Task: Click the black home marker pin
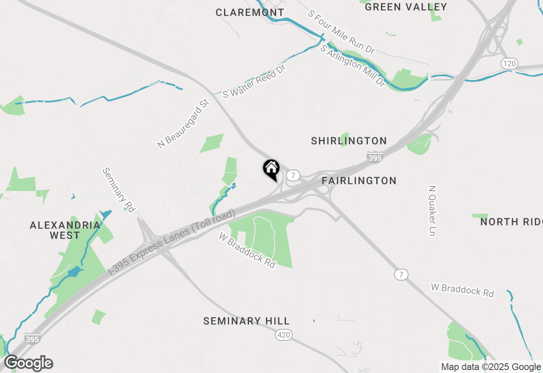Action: point(271,169)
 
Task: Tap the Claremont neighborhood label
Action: point(250,13)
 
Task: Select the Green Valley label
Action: point(406,7)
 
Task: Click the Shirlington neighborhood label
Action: point(349,141)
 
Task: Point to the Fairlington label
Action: point(359,181)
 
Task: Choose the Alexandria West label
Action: point(65,230)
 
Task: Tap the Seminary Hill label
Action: point(246,321)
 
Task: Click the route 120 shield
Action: point(509,64)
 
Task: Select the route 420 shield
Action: point(284,335)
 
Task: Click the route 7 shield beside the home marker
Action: point(293,175)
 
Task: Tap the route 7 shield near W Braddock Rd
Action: point(401,274)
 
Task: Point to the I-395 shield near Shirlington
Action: point(375,158)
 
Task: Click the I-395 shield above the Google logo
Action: point(32,339)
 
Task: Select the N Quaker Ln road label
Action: point(432,210)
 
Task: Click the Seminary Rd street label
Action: point(118,189)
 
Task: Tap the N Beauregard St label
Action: point(183,123)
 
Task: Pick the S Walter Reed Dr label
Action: point(254,82)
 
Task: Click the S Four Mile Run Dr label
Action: point(341,32)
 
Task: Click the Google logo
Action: point(29,363)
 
